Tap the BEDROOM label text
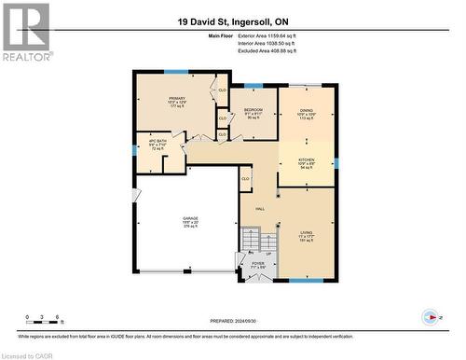[254, 110]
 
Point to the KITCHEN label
[306, 159]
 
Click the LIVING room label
[306, 234]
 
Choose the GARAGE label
[190, 220]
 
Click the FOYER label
[257, 264]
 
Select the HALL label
[260, 210]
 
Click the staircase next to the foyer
[251, 241]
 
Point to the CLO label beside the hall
[245, 178]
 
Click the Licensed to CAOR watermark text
[28, 353]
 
